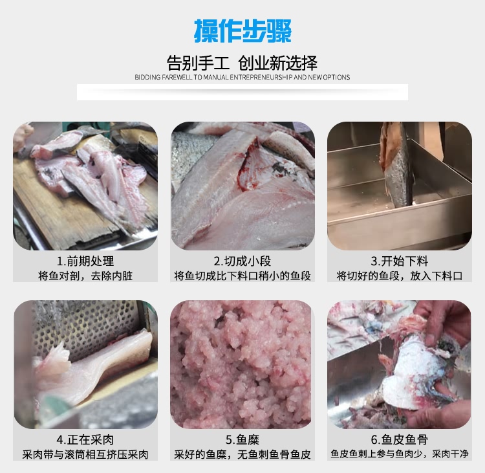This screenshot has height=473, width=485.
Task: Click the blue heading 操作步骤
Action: click(x=242, y=30)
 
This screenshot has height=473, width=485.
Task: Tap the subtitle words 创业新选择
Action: click(x=277, y=63)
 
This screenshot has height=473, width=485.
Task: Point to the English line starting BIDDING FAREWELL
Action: click(x=242, y=77)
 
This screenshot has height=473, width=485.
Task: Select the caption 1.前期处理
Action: click(x=85, y=261)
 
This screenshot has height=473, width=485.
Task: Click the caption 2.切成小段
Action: click(x=242, y=261)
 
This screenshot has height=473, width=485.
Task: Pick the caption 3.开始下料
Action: click(x=400, y=261)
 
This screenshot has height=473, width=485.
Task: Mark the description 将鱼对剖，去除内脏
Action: click(x=85, y=276)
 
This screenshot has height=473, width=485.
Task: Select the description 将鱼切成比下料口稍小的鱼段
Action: click(x=242, y=276)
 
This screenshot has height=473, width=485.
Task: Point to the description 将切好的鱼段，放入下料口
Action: click(x=400, y=276)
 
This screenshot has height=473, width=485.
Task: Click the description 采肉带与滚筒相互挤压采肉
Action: click(x=85, y=455)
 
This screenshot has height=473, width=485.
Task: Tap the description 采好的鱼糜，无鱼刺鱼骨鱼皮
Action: click(x=242, y=455)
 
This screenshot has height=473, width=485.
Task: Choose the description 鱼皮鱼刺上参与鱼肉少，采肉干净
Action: click(x=400, y=455)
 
